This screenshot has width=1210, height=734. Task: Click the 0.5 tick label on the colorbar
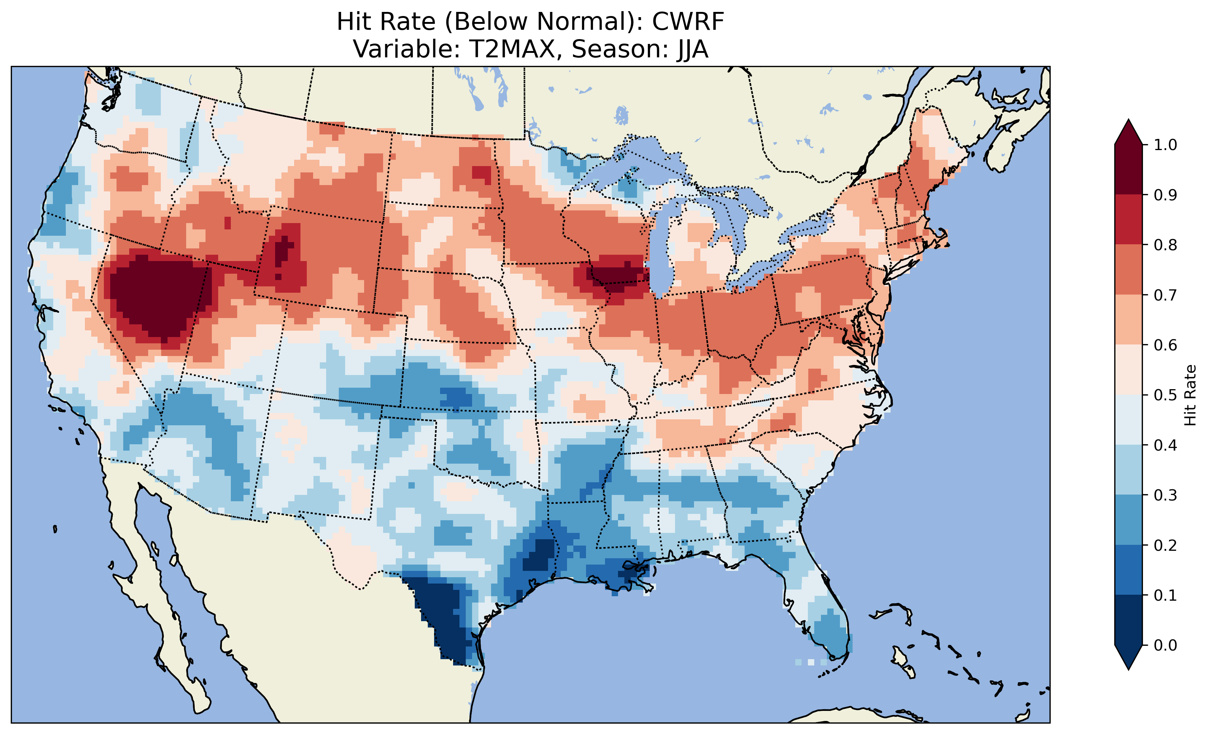tap(1165, 395)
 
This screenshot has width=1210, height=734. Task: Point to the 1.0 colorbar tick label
tap(1165, 145)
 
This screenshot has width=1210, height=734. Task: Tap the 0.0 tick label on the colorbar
tap(1165, 645)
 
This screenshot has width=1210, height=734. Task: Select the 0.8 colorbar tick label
tap(1165, 245)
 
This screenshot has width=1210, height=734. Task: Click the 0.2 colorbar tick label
tap(1165, 545)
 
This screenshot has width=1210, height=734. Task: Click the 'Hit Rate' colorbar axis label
tap(1190, 395)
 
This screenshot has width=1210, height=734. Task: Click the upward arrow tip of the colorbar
tap(1128, 121)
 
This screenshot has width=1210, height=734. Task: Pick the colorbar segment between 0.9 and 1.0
tap(1128, 169)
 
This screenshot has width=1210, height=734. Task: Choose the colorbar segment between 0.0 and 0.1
tap(1128, 620)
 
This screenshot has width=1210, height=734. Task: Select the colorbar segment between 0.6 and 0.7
tap(1128, 320)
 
